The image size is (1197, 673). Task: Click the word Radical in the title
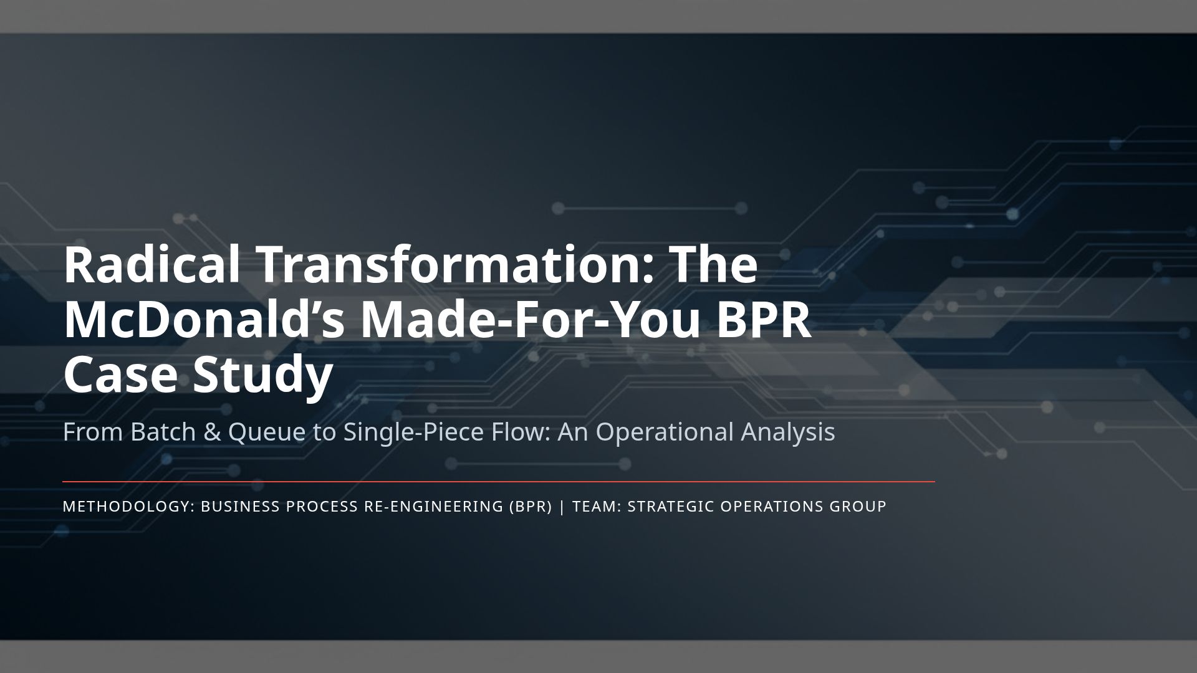tap(151, 265)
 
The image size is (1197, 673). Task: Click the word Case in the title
tap(120, 375)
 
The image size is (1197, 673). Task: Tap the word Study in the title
tap(262, 376)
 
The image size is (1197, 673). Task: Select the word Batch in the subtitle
tap(163, 432)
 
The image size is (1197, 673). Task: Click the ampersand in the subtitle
tap(212, 432)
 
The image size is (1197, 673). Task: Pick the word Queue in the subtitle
tap(267, 432)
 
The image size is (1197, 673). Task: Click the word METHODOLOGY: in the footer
tap(129, 507)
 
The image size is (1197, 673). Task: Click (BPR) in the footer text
tap(531, 507)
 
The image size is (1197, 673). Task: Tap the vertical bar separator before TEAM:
tap(562, 507)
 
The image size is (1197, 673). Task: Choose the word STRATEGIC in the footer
tap(671, 507)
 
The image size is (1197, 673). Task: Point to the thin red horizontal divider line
tap(499, 482)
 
